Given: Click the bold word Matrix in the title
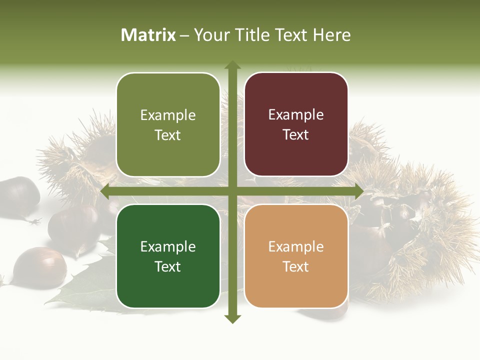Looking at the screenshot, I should [148, 35].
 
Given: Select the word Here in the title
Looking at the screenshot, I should [331, 35].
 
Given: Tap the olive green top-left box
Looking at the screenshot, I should [168, 125].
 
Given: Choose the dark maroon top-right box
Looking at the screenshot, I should [296, 124].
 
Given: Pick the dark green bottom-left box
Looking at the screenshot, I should [168, 256].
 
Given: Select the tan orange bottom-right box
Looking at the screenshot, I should [296, 256].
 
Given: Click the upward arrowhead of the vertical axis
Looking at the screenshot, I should [232, 65].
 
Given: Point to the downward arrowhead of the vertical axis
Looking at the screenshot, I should [232, 318].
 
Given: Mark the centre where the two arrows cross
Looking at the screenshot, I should [232, 191].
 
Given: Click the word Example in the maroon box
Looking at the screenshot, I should [296, 114].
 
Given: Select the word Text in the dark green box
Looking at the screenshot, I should [168, 266].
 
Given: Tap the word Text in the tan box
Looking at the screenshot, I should [296, 266].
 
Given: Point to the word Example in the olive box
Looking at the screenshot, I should [168, 115].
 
